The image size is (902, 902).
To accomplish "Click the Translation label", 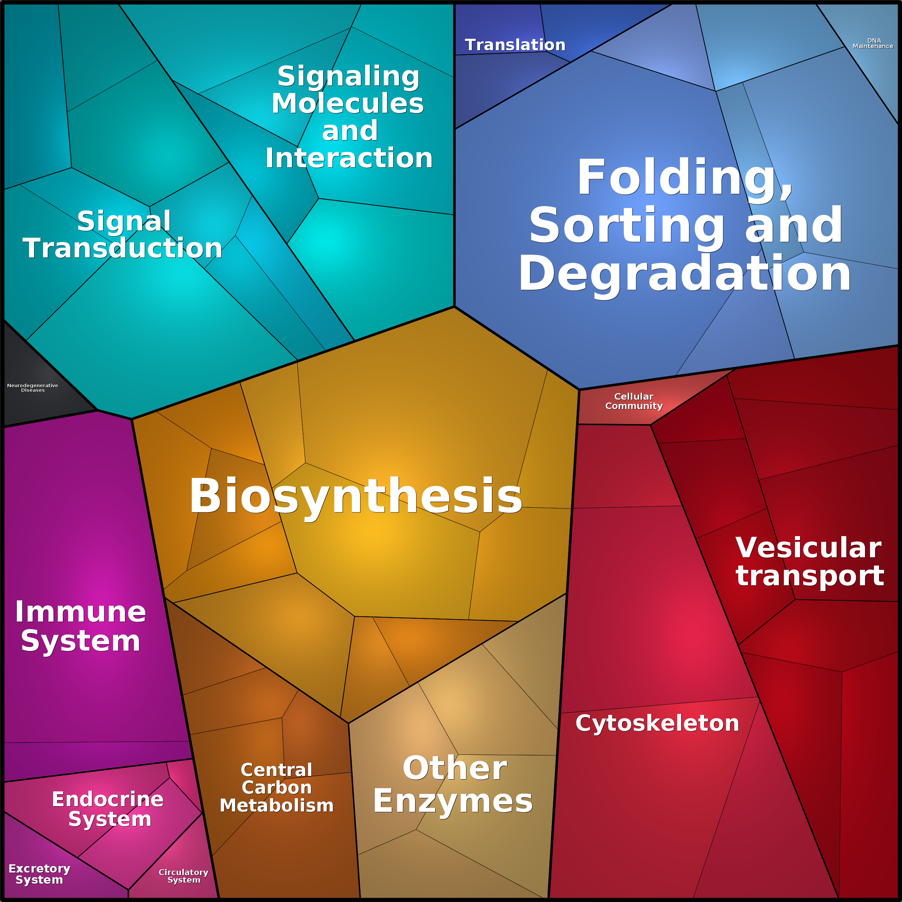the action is (515, 45).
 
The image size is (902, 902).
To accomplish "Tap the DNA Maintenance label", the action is (873, 43).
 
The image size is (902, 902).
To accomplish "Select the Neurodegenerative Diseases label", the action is (33, 388).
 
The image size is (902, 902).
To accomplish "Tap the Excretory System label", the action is (39, 874).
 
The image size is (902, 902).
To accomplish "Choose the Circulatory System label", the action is (183, 876).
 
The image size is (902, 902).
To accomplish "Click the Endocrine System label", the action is (108, 809).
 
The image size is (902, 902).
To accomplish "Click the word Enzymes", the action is (452, 801).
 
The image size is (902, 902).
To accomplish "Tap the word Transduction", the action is (122, 247).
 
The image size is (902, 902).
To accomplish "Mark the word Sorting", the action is (627, 226).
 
